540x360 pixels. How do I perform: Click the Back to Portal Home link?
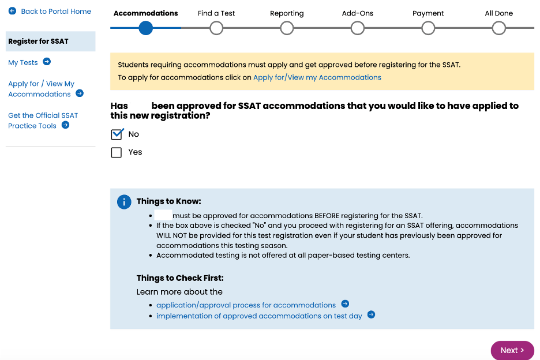click(x=56, y=12)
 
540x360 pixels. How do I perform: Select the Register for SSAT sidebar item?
click(x=38, y=42)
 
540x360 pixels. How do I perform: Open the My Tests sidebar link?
click(x=23, y=62)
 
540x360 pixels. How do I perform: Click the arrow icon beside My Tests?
click(x=47, y=62)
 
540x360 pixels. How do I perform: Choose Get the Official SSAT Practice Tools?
click(x=43, y=120)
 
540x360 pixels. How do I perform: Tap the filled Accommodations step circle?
click(x=146, y=28)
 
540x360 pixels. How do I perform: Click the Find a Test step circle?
click(x=216, y=28)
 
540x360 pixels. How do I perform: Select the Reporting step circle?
click(x=287, y=28)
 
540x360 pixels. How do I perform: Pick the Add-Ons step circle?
click(x=358, y=28)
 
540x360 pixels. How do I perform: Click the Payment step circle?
click(x=428, y=28)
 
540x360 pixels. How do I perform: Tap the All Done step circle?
click(x=499, y=28)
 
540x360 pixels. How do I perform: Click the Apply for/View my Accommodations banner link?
click(x=317, y=77)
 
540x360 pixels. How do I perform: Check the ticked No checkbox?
click(x=117, y=134)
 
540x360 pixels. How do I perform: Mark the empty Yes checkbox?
click(x=117, y=152)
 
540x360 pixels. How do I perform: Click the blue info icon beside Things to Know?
click(x=123, y=202)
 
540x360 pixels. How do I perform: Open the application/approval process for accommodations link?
click(x=246, y=305)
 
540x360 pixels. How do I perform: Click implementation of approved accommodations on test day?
click(x=259, y=316)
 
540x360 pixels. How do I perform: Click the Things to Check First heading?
click(x=180, y=278)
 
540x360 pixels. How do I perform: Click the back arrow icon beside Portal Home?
click(x=12, y=11)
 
